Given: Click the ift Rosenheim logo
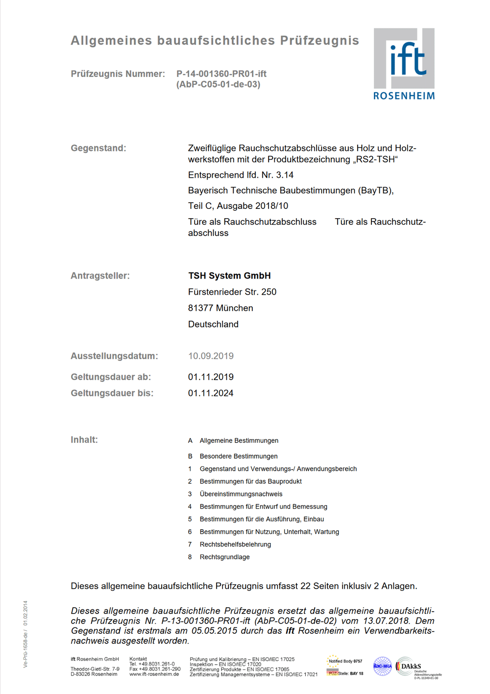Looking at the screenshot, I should click(404, 64).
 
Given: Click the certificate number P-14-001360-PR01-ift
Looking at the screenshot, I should click(221, 74).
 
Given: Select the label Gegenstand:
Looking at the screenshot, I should click(98, 148).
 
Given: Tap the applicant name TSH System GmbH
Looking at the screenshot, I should click(229, 276).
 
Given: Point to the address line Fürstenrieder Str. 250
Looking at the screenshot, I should click(232, 292).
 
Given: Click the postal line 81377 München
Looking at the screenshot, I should click(220, 308).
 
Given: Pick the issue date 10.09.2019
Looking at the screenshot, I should click(211, 356).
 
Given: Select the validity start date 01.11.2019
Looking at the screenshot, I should click(211, 377).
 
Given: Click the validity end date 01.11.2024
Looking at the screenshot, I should click(211, 393).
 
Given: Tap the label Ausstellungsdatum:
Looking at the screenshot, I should click(114, 356).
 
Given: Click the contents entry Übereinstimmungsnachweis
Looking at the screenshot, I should click(241, 494).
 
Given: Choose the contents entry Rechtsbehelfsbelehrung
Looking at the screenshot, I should click(235, 544).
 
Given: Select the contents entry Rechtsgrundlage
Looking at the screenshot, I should click(224, 557).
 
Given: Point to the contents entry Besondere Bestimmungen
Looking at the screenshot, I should click(239, 456).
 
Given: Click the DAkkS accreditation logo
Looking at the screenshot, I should click(416, 668).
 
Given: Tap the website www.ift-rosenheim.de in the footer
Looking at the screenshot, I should click(154, 674).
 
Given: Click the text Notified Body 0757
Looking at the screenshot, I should click(345, 661).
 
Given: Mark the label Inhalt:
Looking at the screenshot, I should click(84, 440).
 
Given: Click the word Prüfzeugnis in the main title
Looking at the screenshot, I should click(319, 41).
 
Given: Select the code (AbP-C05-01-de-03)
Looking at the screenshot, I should click(218, 84).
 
